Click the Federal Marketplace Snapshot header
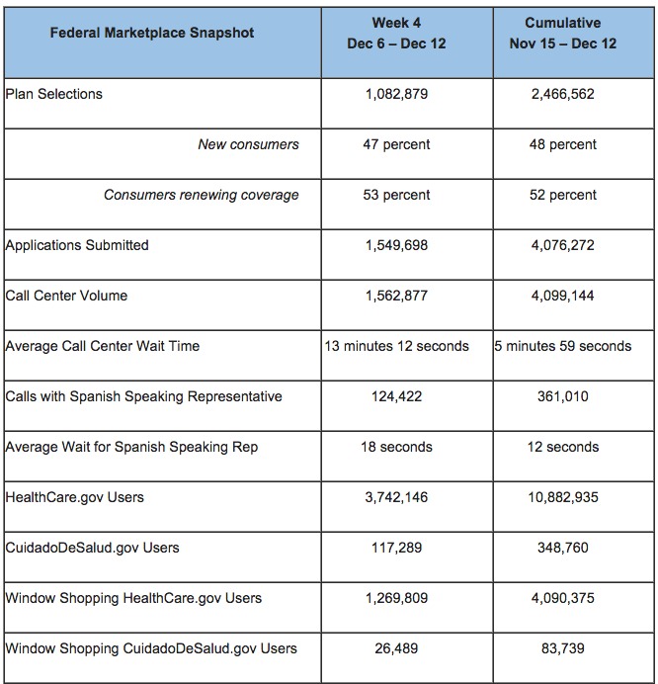click(152, 33)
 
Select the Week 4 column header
click(396, 33)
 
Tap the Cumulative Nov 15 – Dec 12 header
click(561, 33)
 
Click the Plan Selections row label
click(54, 94)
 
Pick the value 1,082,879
click(396, 94)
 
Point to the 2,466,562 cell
click(561, 94)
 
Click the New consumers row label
click(248, 144)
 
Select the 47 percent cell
click(396, 144)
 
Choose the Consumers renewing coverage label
click(201, 195)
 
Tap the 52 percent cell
click(561, 195)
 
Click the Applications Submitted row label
click(77, 245)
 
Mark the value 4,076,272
click(561, 245)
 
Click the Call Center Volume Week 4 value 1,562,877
click(396, 296)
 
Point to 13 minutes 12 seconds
click(396, 346)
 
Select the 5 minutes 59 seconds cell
click(563, 346)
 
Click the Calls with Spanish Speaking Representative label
click(144, 396)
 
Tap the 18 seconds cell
click(396, 447)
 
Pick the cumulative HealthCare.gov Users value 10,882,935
click(561, 497)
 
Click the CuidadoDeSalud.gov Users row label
click(93, 548)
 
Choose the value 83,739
click(561, 648)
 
